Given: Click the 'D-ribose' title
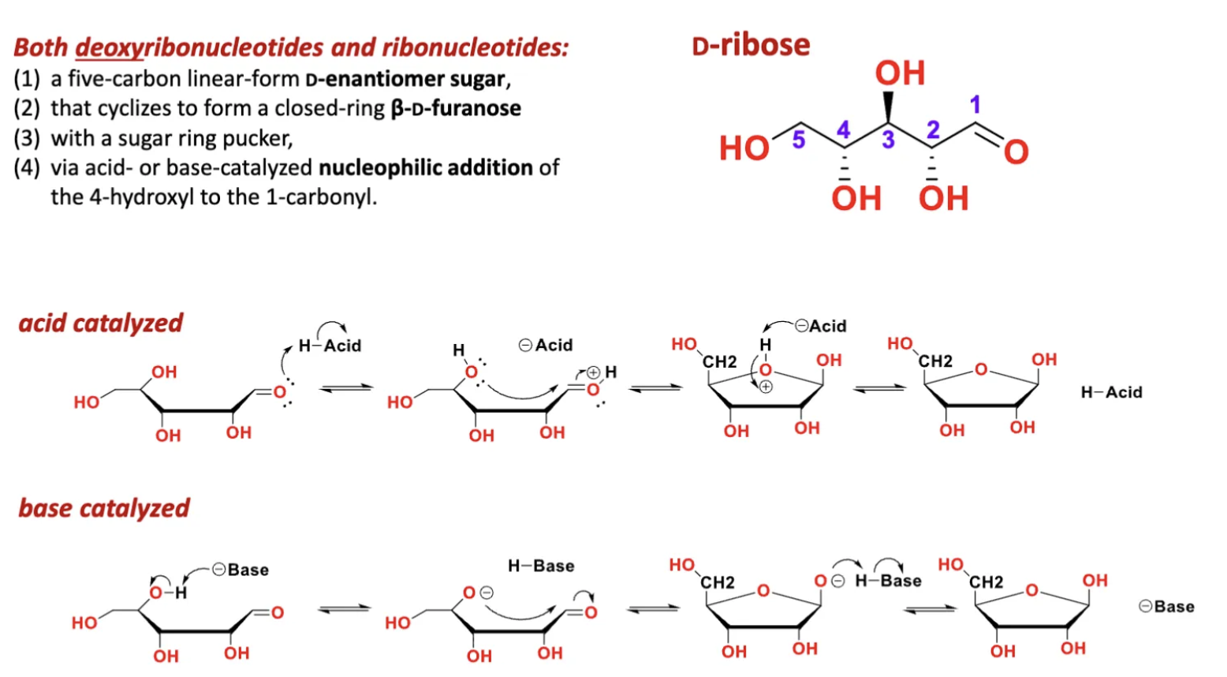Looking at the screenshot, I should (x=751, y=45).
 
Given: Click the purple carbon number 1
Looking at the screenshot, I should (x=975, y=104).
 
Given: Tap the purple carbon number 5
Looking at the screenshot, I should (x=798, y=140).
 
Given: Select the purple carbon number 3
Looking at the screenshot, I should (x=888, y=140).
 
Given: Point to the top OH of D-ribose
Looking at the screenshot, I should (x=900, y=73).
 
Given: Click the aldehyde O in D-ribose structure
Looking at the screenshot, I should (x=1016, y=151).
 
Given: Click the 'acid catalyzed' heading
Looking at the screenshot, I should (x=101, y=323).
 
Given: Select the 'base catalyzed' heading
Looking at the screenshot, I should (x=104, y=508).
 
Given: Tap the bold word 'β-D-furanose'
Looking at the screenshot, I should (x=456, y=108).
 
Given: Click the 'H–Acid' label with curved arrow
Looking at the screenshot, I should (x=330, y=346).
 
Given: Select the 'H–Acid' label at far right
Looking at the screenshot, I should (x=1111, y=392).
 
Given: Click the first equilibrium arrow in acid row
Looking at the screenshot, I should (x=345, y=387).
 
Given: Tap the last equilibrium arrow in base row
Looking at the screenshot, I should (x=929, y=608).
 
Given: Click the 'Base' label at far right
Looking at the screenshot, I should (x=1167, y=607).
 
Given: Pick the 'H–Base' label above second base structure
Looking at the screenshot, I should (x=541, y=566).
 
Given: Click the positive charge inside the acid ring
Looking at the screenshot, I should (x=766, y=387).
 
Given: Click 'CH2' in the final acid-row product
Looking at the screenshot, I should (x=935, y=361).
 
